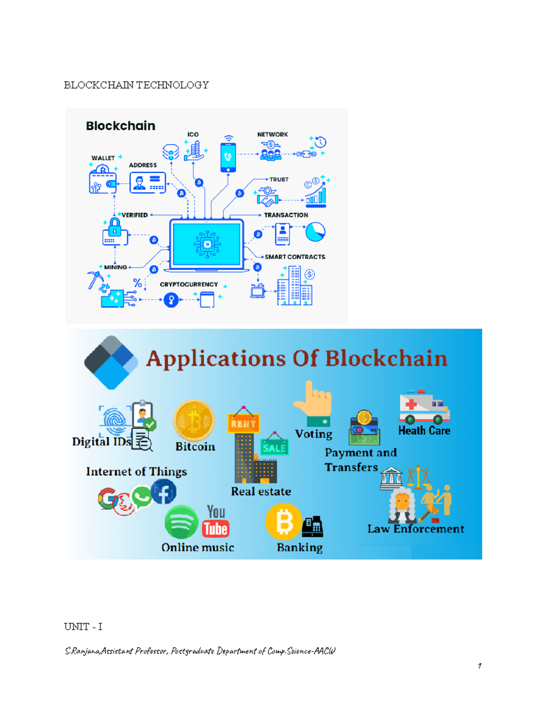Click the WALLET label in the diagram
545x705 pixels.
coord(103,158)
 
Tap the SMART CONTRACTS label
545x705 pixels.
coord(295,257)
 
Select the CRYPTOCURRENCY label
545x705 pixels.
coord(188,285)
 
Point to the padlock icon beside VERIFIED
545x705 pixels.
coord(114,232)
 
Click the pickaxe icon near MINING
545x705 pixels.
coord(94,279)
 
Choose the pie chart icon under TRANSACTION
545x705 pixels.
coord(315,232)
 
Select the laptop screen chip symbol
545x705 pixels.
coord(207,244)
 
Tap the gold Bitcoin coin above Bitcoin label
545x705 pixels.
coord(194,420)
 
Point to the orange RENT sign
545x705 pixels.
coord(243,423)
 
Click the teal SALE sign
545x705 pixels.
coord(274,448)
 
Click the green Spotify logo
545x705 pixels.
coord(181,522)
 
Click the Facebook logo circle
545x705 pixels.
coord(163,492)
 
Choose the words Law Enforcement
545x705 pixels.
coord(416,529)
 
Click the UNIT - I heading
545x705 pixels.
coord(83,627)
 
